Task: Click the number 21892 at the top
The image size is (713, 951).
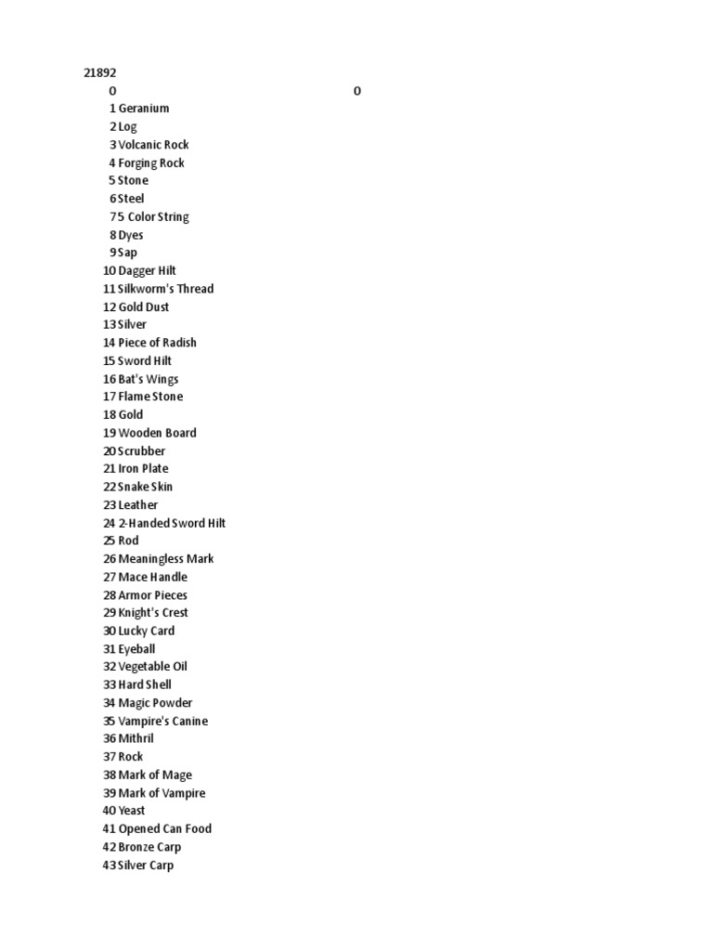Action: tap(100, 72)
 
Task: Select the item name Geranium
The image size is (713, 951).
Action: tap(144, 109)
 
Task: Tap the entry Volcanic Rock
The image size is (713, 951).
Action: tap(153, 145)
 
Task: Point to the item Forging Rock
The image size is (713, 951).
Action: tap(151, 163)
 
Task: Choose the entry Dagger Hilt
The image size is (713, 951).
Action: tap(147, 270)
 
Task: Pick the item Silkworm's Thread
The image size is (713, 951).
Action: tap(165, 289)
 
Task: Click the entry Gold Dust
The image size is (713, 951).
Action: tap(144, 306)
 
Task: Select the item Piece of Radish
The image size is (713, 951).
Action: tap(157, 343)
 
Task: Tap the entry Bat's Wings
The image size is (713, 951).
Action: tap(149, 379)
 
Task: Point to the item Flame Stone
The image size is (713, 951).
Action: tap(150, 397)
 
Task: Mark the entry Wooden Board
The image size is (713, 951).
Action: tap(157, 433)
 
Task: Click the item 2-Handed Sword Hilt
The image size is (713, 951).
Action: tap(172, 523)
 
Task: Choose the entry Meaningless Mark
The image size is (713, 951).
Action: tap(166, 559)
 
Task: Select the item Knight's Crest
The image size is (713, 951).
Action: tap(153, 613)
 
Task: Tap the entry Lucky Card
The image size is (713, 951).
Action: tap(147, 631)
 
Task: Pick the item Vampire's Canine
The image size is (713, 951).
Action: tap(162, 721)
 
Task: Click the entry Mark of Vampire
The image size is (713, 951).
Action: tap(162, 793)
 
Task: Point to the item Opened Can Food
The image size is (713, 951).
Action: tap(165, 828)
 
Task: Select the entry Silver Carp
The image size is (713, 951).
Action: tap(146, 865)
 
